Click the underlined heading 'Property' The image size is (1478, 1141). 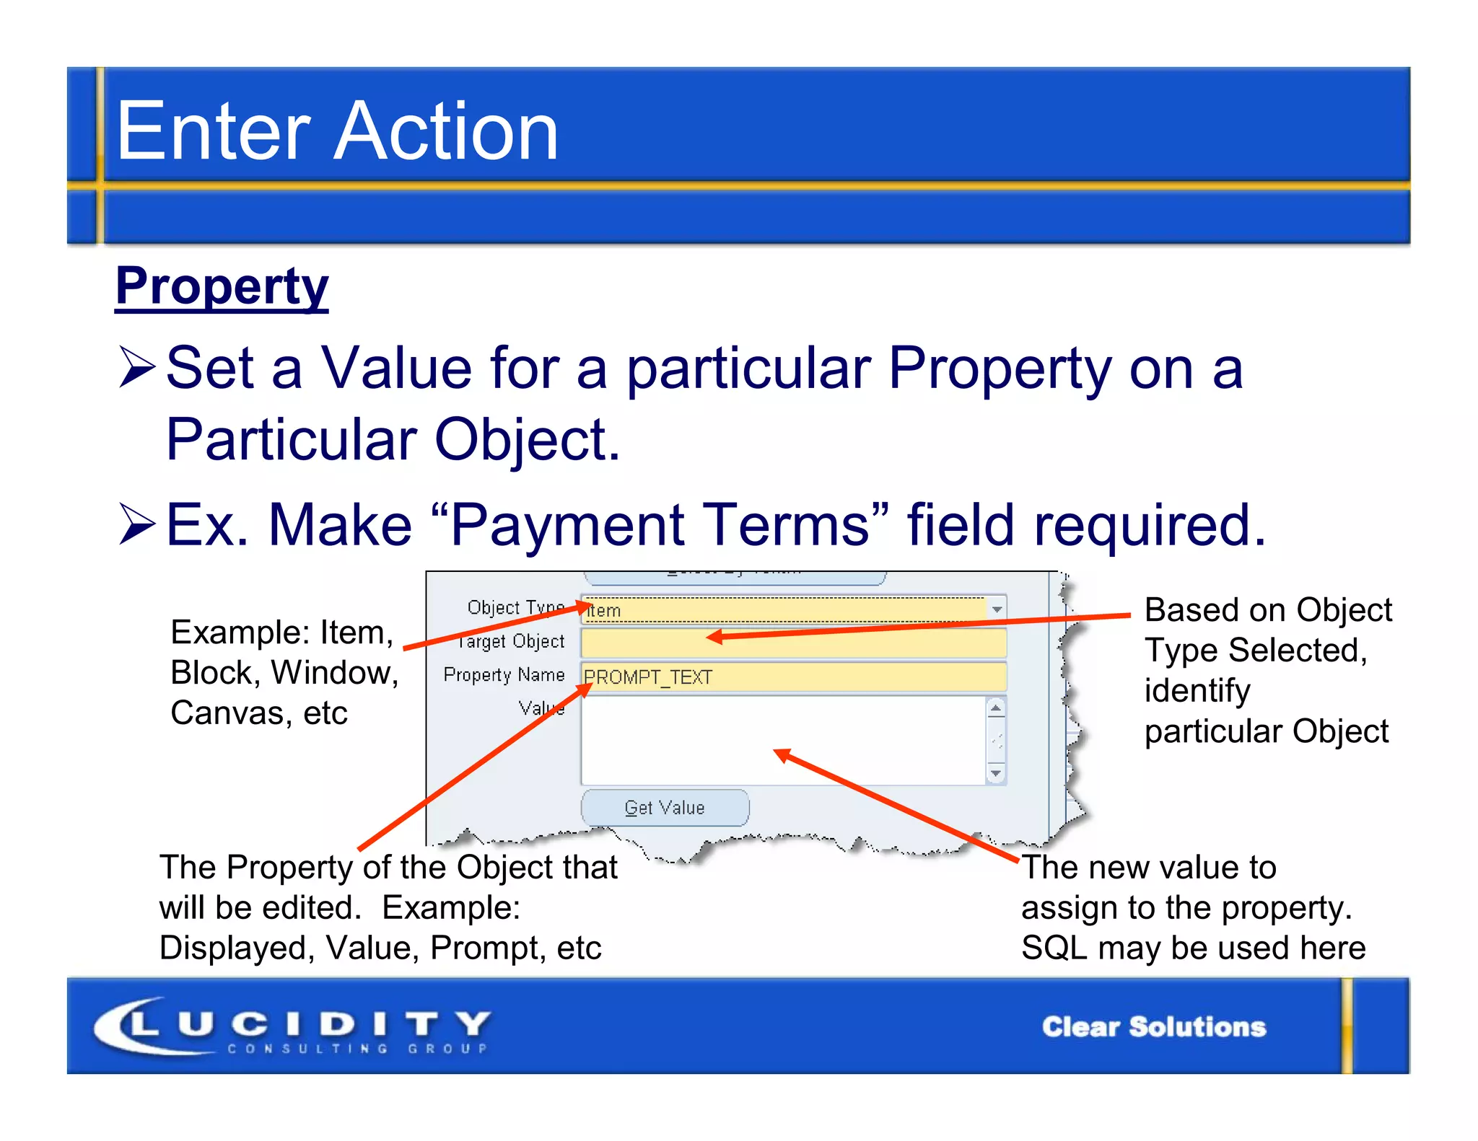point(222,286)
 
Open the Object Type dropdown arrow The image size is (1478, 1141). point(997,609)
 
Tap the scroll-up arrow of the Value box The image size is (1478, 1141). point(996,708)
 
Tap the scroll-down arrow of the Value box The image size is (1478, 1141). point(996,774)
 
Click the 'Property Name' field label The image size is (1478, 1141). point(504,675)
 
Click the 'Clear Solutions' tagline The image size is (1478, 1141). point(1153,1027)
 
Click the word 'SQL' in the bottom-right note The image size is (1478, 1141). point(1053,948)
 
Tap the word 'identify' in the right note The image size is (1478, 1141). point(1197,691)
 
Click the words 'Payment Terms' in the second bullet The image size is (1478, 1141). point(660,525)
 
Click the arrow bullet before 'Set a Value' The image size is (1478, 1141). point(136,367)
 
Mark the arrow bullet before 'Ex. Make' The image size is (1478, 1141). point(136,524)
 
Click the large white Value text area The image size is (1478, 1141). point(782,740)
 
